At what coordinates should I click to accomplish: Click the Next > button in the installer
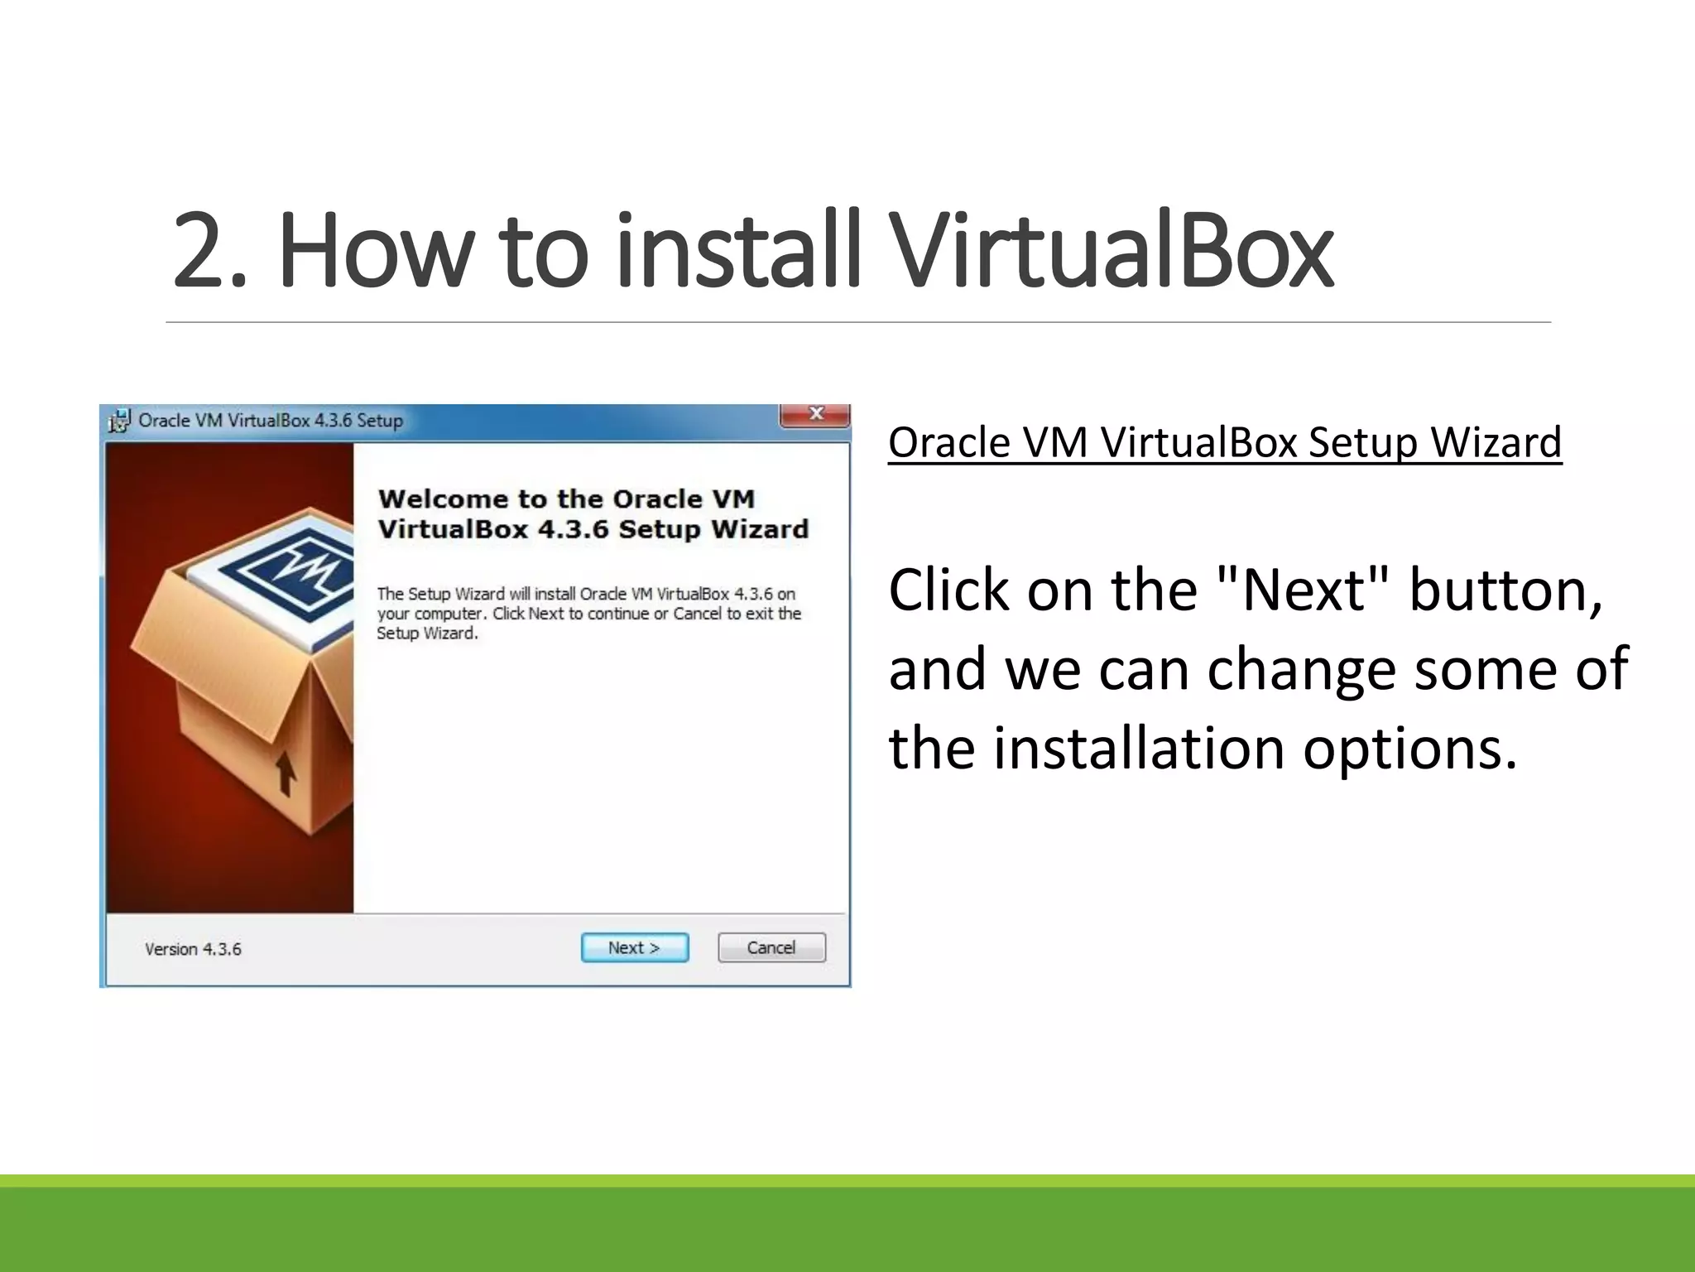634,947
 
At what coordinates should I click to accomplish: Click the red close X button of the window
815,415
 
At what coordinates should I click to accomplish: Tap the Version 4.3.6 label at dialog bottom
193,949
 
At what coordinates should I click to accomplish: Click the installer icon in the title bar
120,421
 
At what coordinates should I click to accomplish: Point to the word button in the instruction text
1506,590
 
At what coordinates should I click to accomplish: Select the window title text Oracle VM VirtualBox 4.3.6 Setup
271,421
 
